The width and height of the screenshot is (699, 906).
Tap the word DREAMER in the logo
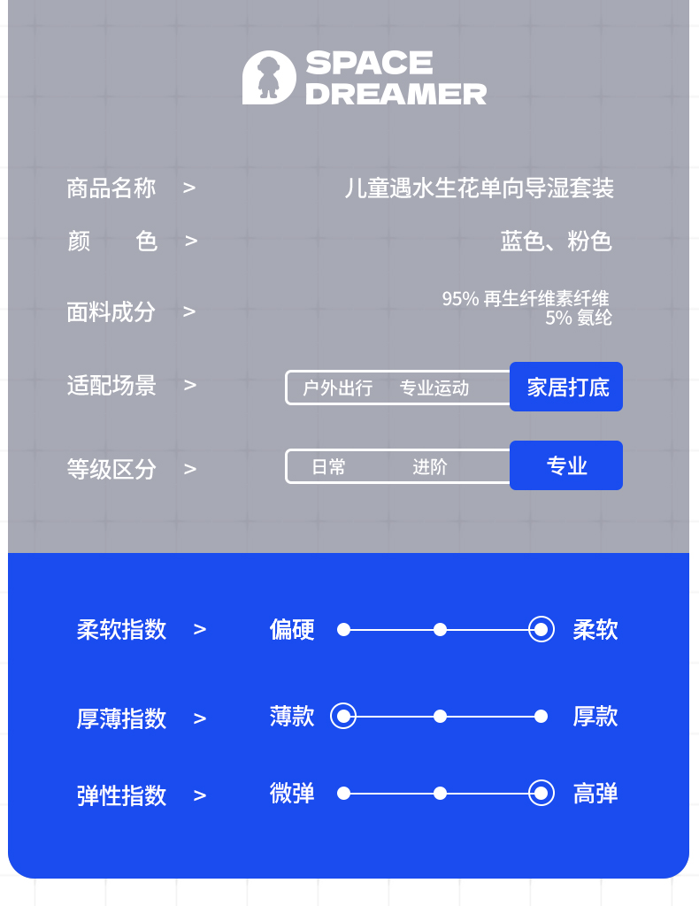396,94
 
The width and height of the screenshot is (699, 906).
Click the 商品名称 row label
111,188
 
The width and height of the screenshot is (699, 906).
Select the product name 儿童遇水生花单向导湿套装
479,188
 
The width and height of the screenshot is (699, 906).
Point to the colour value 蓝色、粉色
556,242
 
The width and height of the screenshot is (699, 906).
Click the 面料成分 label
111,311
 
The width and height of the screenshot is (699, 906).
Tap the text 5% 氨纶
578,318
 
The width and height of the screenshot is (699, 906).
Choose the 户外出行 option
337,388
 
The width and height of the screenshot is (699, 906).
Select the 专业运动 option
434,388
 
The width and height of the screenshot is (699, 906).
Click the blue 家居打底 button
566,387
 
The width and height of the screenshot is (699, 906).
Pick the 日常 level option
328,467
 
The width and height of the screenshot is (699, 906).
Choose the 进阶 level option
430,467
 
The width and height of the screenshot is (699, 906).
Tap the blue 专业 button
566,465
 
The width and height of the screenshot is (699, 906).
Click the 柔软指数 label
121,630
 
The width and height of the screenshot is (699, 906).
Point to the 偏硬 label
292,630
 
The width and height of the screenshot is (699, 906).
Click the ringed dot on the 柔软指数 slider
542,630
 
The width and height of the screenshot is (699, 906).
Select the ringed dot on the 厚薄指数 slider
343,716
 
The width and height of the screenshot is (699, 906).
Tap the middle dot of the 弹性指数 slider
440,794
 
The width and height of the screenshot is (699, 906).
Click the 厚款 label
595,716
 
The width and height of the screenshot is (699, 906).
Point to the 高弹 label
595,794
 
